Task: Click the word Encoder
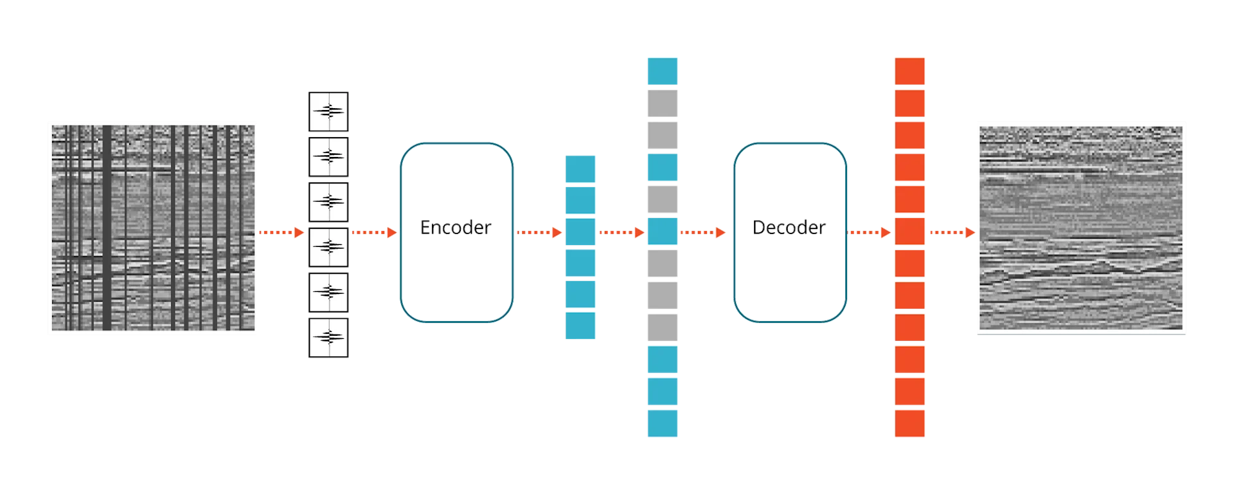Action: tap(456, 228)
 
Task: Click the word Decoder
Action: tap(789, 228)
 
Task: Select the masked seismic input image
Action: tap(152, 228)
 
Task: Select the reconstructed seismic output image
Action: tap(1082, 228)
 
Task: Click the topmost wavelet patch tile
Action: tap(328, 111)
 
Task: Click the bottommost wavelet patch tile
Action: tap(328, 338)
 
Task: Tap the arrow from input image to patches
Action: tap(280, 232)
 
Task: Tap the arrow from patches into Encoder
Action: tap(373, 232)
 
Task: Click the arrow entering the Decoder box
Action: tap(702, 232)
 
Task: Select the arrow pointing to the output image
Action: tap(951, 232)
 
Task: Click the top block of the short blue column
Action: tap(580, 169)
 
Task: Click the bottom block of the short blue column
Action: tap(580, 325)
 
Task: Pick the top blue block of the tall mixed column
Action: tap(663, 71)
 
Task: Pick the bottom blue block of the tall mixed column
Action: tap(663, 423)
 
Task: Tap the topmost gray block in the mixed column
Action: tap(663, 104)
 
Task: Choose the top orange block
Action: tap(909, 71)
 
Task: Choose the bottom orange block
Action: tap(909, 423)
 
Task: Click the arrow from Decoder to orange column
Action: tap(868, 232)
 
